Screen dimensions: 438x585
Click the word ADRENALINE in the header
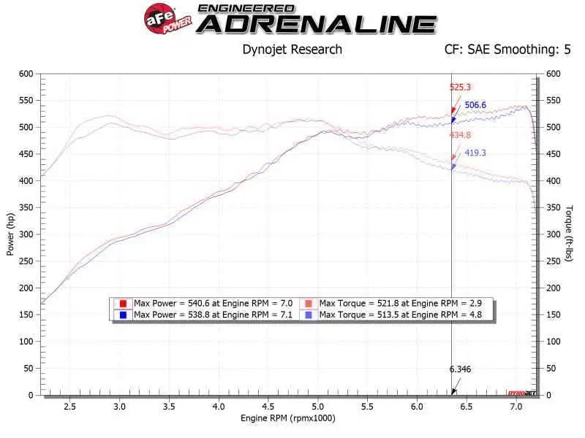click(317, 24)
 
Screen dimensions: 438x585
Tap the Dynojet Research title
click(292, 50)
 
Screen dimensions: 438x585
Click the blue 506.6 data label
click(476, 105)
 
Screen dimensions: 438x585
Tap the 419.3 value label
click(476, 153)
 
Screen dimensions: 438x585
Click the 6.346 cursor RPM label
click(461, 369)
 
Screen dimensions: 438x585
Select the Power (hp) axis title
click(11, 234)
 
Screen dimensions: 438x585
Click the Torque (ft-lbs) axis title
click(569, 234)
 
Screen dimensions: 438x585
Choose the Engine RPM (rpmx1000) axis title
click(289, 418)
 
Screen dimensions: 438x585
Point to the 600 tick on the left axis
click(26, 74)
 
